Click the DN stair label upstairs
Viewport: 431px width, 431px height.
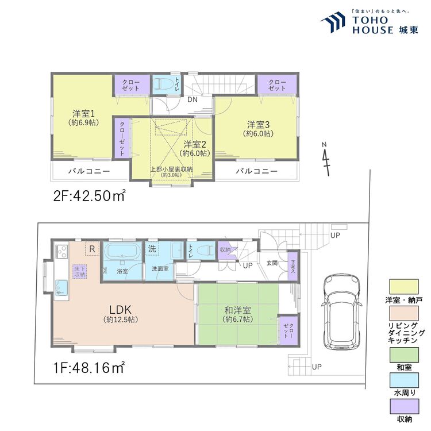(194, 99)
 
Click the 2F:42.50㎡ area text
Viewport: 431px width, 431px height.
(90, 195)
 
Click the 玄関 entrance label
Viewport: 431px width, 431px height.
(272, 263)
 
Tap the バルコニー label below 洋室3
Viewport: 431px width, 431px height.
(257, 171)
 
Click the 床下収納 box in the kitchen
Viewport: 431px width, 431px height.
(79, 271)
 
